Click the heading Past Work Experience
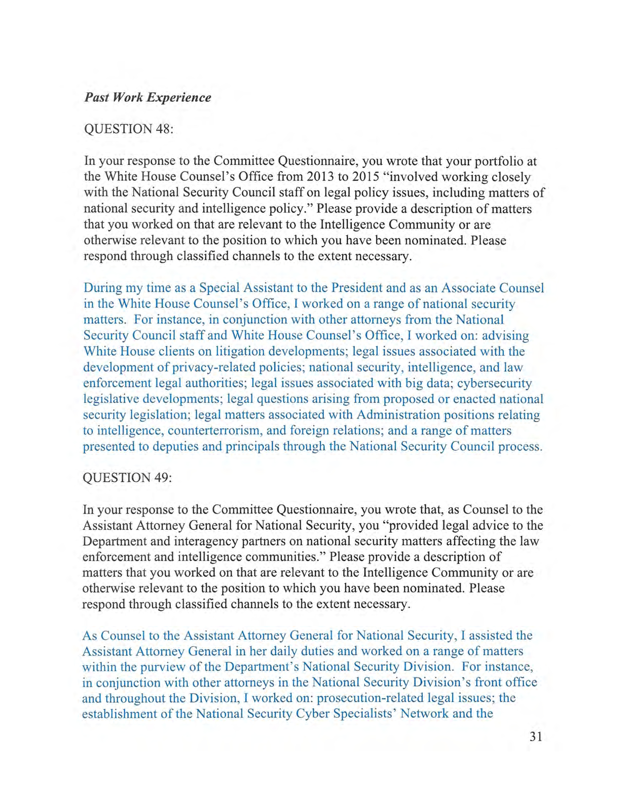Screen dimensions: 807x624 point(148,98)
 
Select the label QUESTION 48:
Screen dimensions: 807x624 point(129,129)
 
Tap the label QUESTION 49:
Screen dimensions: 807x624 point(127,478)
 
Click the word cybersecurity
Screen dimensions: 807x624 point(495,383)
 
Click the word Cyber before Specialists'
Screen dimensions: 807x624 point(312,714)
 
